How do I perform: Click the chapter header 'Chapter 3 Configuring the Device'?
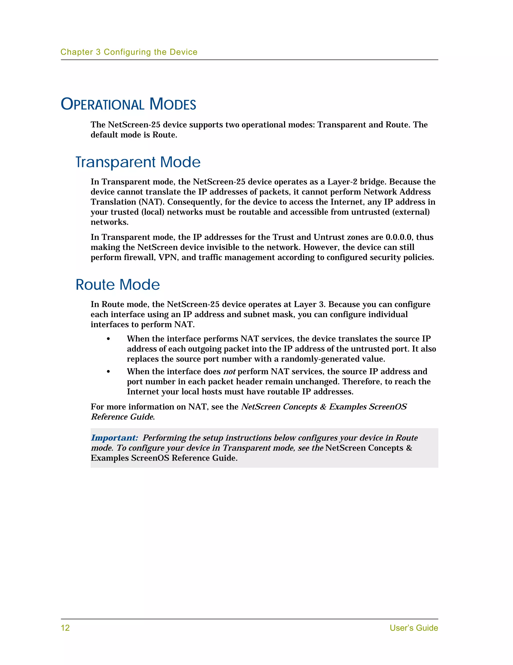pyautogui.click(x=129, y=52)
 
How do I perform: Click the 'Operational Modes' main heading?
pyautogui.click(x=128, y=104)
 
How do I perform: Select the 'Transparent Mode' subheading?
pyautogui.click(x=138, y=162)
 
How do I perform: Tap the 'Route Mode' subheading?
pyautogui.click(x=117, y=285)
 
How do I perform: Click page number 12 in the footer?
pyautogui.click(x=65, y=628)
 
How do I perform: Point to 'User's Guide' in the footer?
pyautogui.click(x=414, y=628)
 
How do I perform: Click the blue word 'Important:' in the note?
pyautogui.click(x=114, y=438)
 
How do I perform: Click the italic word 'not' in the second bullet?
pyautogui.click(x=229, y=372)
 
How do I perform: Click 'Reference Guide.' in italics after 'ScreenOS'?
pyautogui.click(x=123, y=417)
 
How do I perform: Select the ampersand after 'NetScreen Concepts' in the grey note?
pyautogui.click(x=409, y=448)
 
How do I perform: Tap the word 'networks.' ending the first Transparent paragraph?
pyautogui.click(x=109, y=222)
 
